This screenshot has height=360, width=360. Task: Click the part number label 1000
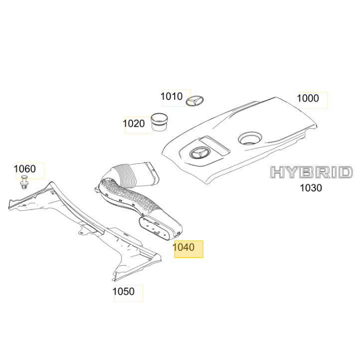click(x=308, y=98)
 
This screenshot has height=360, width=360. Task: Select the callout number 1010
click(x=172, y=96)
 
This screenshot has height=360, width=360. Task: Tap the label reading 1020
click(x=134, y=124)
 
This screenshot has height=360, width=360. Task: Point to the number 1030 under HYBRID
click(x=311, y=188)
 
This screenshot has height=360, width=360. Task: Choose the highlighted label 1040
click(x=183, y=247)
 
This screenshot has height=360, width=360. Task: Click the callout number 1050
click(x=123, y=292)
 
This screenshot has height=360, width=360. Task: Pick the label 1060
click(x=24, y=169)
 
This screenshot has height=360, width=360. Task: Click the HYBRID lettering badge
click(x=311, y=172)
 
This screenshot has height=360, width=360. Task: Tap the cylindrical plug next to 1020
click(x=159, y=122)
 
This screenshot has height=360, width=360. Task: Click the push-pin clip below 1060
click(x=24, y=182)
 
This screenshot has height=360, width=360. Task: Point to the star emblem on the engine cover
click(x=200, y=153)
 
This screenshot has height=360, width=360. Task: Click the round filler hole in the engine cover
click(x=250, y=139)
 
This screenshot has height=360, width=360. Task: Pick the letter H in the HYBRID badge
click(x=278, y=172)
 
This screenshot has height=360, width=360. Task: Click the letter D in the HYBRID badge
click(x=345, y=172)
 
